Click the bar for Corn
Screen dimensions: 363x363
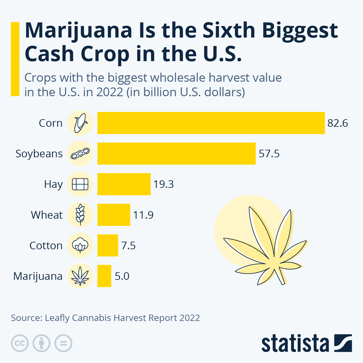point(211,123)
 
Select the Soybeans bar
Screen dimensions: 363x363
point(176,154)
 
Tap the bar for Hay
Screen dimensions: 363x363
point(124,184)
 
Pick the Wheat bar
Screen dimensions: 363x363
point(114,215)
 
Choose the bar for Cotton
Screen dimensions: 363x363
point(108,245)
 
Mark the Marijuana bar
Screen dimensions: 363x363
point(104,276)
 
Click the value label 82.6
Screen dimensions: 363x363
point(338,123)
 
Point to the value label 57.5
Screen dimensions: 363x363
point(269,154)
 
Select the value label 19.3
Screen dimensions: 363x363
point(164,184)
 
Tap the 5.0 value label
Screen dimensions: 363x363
point(122,276)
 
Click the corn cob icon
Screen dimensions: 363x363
point(80,123)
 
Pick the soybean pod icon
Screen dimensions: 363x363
point(80,154)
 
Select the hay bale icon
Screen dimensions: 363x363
point(80,184)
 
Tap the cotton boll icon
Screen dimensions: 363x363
point(80,245)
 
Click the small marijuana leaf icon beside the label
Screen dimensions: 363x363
point(80,276)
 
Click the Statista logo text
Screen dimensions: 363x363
point(295,344)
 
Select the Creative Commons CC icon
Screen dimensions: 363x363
point(20,343)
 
